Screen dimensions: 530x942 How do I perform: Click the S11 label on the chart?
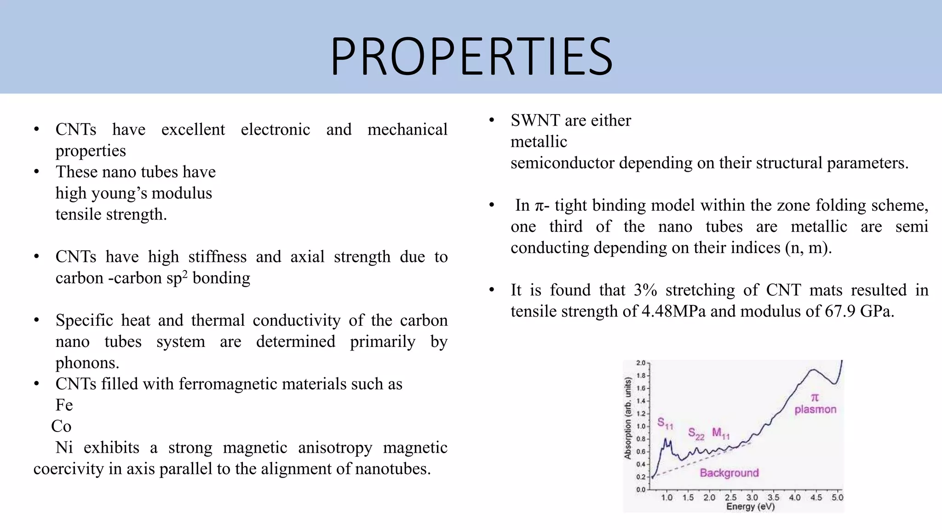tap(665, 423)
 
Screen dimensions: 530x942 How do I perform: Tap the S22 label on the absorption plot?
tap(696, 433)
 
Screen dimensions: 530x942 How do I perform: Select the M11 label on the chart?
tap(721, 433)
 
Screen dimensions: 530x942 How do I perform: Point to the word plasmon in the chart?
tap(815, 409)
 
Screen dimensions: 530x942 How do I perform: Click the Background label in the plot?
tap(729, 472)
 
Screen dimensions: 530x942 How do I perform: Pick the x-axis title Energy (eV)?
tap(750, 507)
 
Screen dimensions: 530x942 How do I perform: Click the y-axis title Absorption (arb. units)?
tap(627, 418)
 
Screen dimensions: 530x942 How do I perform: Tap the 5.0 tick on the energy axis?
tap(837, 497)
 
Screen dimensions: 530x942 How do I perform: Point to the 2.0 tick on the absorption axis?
tap(641, 363)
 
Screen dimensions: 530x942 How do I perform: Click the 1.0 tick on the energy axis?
tap(666, 497)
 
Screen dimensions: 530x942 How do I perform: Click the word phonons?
tap(87, 363)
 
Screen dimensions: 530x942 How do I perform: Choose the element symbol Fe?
tap(64, 405)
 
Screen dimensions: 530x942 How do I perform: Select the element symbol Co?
tap(61, 426)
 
